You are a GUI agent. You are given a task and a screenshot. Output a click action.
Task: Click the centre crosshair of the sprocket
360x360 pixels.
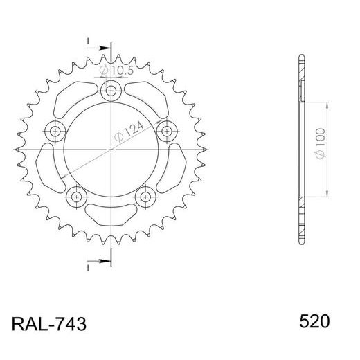[x=111, y=149]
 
